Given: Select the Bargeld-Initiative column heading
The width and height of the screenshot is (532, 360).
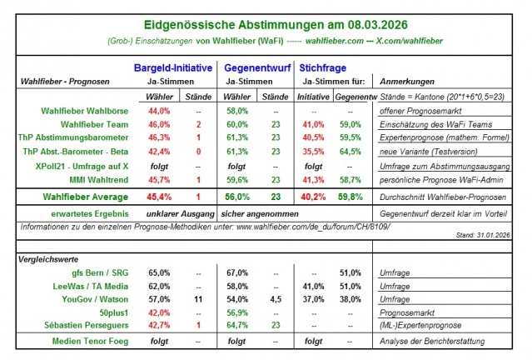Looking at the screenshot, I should (x=173, y=67).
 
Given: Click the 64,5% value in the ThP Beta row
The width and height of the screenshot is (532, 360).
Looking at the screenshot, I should (x=351, y=151).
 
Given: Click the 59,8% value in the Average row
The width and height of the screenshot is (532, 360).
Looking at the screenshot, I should (x=351, y=197).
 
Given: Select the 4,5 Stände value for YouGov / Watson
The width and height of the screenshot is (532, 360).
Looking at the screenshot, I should (x=275, y=297).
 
